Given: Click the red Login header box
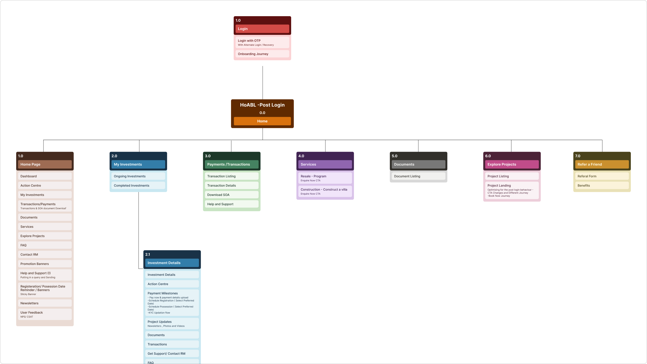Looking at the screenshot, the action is pyautogui.click(x=262, y=29).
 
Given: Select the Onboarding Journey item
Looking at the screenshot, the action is pyautogui.click(x=262, y=54).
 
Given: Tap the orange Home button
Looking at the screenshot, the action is pyautogui.click(x=262, y=121).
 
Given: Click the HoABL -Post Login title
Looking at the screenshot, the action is pyautogui.click(x=262, y=105).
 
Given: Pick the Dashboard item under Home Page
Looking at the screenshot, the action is pyautogui.click(x=45, y=176).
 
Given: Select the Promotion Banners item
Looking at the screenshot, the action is pyautogui.click(x=45, y=264).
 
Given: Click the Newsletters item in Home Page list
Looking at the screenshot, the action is pyautogui.click(x=45, y=303).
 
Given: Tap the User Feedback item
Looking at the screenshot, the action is pyautogui.click(x=45, y=314).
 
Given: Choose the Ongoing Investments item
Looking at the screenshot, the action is pyautogui.click(x=138, y=176).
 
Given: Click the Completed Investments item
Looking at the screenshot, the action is pyautogui.click(x=138, y=186).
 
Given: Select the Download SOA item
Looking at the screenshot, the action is pyautogui.click(x=232, y=195).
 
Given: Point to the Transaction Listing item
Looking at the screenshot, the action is pyautogui.click(x=232, y=176).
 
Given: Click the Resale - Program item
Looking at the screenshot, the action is pyautogui.click(x=325, y=178).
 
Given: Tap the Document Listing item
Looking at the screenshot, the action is pyautogui.click(x=418, y=176).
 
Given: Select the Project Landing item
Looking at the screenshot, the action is pyautogui.click(x=512, y=190).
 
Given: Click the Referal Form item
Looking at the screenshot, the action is pyautogui.click(x=602, y=176).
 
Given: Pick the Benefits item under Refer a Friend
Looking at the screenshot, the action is pyautogui.click(x=602, y=186).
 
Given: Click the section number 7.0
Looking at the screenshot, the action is pyautogui.click(x=578, y=156).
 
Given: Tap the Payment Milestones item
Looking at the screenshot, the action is pyautogui.click(x=172, y=303).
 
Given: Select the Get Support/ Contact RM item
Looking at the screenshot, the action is pyautogui.click(x=172, y=353).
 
